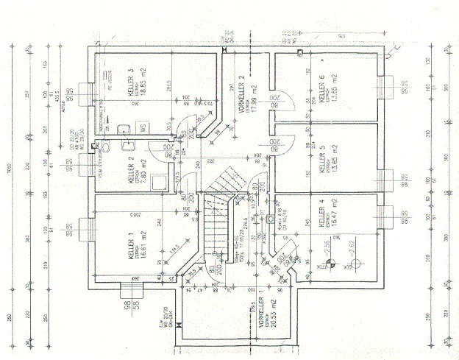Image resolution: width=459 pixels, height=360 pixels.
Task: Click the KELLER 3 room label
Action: (x=130, y=82)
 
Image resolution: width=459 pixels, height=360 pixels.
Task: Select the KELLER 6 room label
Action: (x=321, y=88)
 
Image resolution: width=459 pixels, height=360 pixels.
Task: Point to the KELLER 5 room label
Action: (x=321, y=159)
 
